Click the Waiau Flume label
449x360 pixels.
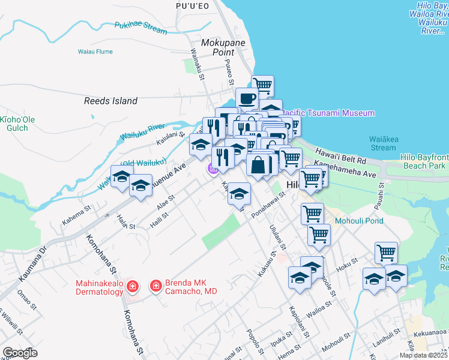[95, 52]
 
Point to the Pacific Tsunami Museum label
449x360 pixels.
[329, 113]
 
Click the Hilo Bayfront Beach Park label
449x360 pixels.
[423, 161]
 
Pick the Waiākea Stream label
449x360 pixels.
[383, 143]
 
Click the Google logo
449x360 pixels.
[20, 353]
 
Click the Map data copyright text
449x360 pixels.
[423, 355]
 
